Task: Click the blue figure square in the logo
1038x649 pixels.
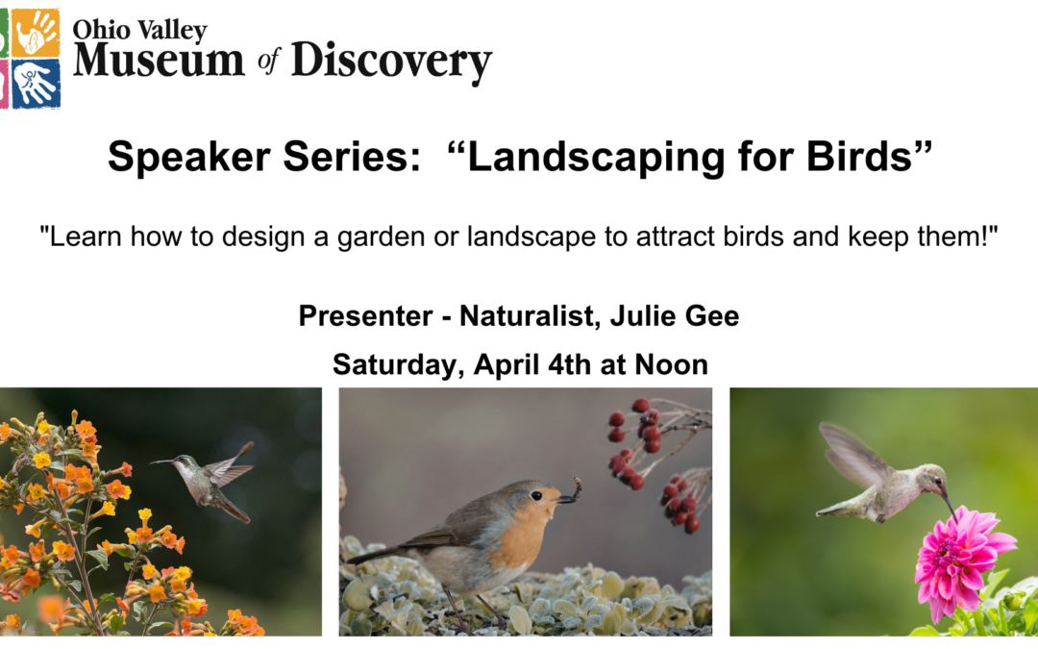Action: click(36, 84)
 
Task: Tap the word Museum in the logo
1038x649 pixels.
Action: click(159, 62)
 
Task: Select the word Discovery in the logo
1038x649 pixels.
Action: click(391, 62)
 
